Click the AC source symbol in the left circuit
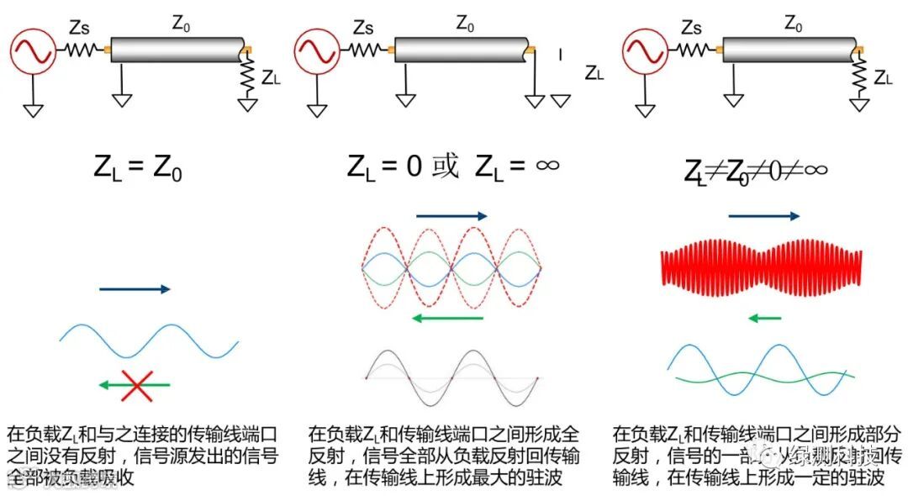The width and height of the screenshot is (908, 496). pyautogui.click(x=33, y=49)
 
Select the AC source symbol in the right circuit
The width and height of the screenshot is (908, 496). pyautogui.click(x=645, y=50)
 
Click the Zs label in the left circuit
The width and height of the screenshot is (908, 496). pyautogui.click(x=77, y=27)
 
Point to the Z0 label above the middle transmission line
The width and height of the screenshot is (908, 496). pyautogui.click(x=465, y=24)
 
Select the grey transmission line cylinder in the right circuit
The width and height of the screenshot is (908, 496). pyautogui.click(x=787, y=50)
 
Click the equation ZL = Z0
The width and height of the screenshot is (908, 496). pyautogui.click(x=138, y=167)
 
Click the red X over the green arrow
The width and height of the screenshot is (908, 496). pyautogui.click(x=137, y=385)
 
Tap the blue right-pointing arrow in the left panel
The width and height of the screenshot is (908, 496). pyautogui.click(x=135, y=289)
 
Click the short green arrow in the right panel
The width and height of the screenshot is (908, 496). pyautogui.click(x=764, y=318)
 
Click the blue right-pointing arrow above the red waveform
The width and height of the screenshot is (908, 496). pyautogui.click(x=764, y=216)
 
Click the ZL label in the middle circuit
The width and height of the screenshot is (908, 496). pyautogui.click(x=594, y=73)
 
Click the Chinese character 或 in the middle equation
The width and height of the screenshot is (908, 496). pyautogui.click(x=445, y=166)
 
